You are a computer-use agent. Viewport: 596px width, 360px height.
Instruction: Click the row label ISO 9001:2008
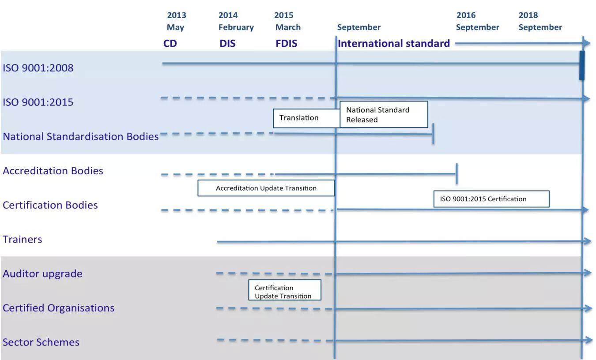[38, 68]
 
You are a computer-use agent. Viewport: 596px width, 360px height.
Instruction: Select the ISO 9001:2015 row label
[38, 102]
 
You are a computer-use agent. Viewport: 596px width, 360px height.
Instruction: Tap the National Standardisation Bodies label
[80, 136]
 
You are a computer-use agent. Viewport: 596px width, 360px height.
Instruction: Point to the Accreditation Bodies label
[53, 171]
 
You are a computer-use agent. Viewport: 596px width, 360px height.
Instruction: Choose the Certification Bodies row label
[50, 205]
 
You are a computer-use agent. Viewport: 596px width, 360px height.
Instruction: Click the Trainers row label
[23, 240]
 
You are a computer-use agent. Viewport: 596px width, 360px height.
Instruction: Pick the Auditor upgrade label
[42, 274]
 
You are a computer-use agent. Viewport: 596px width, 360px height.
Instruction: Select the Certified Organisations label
[58, 308]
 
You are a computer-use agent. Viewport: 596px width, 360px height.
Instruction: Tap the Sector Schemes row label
[41, 342]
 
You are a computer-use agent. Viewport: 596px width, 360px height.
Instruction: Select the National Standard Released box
[384, 115]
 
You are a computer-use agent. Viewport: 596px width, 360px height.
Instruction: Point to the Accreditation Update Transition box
[266, 188]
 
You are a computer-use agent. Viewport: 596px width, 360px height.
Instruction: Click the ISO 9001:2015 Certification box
[491, 199]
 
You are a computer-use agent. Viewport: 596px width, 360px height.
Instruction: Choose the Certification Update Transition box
[284, 292]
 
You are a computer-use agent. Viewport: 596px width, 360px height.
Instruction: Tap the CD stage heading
[170, 44]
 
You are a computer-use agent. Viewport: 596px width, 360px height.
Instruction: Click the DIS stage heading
[227, 44]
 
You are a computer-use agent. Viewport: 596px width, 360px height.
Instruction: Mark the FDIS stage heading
[286, 44]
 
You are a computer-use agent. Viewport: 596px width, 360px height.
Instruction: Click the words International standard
[394, 43]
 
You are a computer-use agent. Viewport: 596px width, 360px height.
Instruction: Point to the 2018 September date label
[540, 21]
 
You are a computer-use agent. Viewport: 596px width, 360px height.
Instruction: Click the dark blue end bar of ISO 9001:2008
[582, 65]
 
